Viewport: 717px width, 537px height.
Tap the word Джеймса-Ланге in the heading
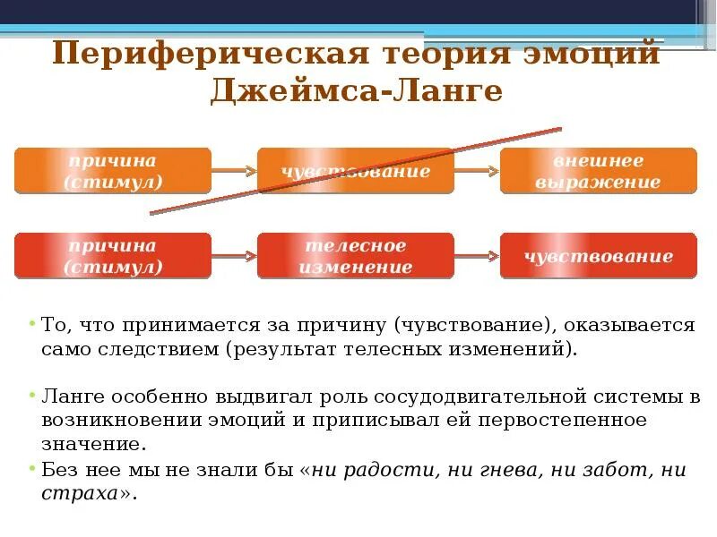357,92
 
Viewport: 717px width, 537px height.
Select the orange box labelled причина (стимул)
113,171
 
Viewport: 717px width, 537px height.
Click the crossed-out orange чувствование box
357,171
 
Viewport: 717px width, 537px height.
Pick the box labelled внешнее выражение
598,171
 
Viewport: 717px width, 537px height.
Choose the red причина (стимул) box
113,256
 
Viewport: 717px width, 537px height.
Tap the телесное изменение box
357,256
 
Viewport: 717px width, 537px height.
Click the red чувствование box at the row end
598,256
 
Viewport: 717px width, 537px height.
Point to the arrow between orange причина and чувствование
235,170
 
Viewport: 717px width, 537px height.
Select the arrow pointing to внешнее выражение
478,170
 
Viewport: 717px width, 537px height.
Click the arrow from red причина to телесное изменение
235,256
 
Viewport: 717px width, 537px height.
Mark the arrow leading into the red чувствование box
478,256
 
